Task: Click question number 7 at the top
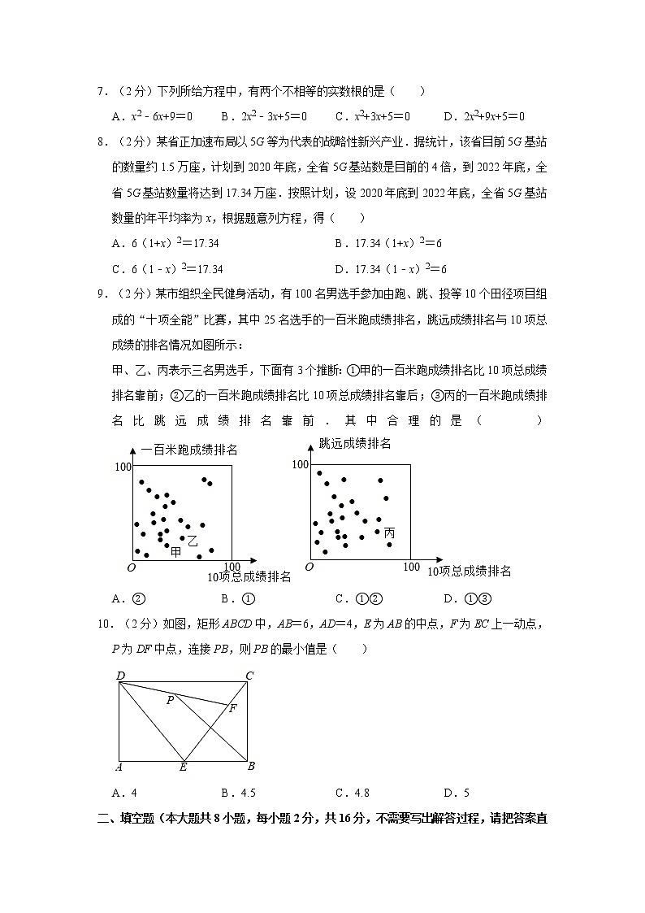[102, 92]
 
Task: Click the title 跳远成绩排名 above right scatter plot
[355, 444]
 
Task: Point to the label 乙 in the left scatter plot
[193, 541]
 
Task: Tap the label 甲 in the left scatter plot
[175, 552]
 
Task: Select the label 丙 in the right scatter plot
[389, 533]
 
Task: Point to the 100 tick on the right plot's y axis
[300, 464]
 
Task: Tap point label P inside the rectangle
[170, 699]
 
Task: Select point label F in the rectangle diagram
[232, 708]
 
